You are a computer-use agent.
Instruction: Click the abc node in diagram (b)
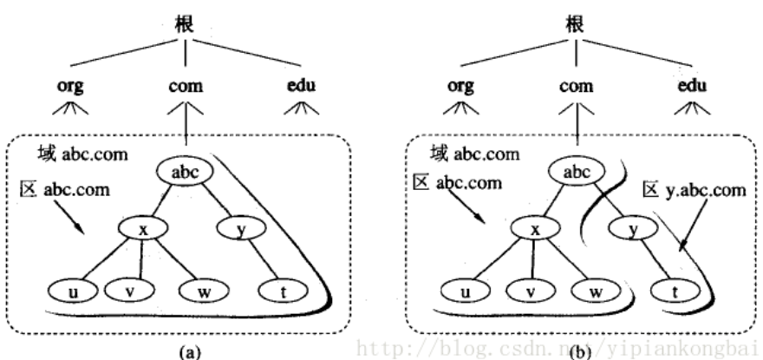(x=577, y=173)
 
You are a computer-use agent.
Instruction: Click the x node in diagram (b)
(x=534, y=230)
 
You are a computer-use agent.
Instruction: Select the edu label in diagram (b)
(x=694, y=87)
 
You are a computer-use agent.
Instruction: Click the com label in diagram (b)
(x=577, y=88)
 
